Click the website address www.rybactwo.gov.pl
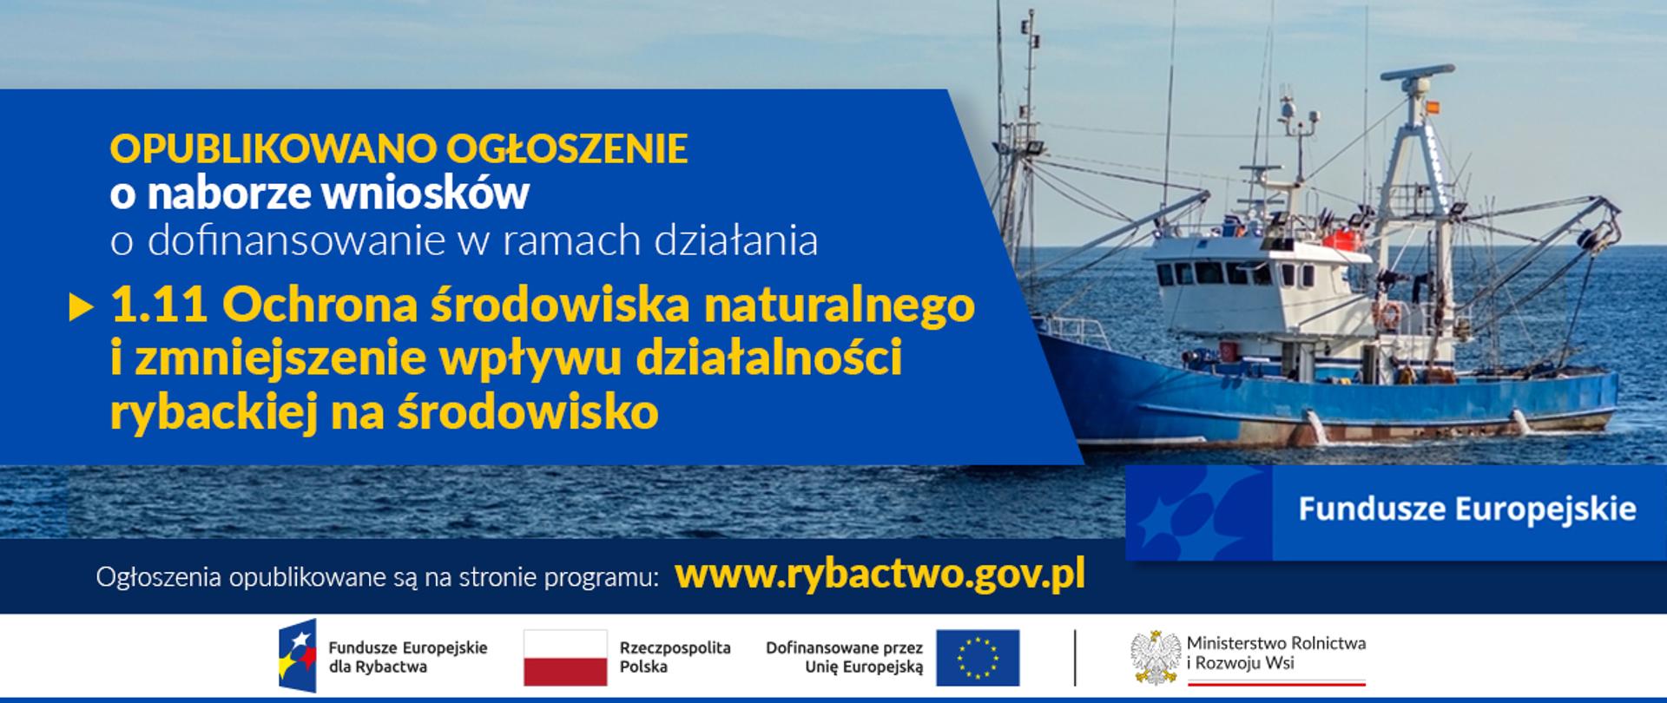(x=880, y=574)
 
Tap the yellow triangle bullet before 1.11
(x=81, y=307)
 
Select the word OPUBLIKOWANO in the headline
(x=271, y=149)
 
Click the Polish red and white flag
(x=565, y=657)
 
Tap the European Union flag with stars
(x=978, y=657)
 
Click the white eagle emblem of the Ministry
(x=1156, y=657)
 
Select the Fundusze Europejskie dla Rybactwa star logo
(x=297, y=656)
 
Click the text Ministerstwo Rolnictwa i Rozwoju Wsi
(x=1275, y=653)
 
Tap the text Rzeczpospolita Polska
(x=675, y=657)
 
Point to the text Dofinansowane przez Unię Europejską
(x=844, y=657)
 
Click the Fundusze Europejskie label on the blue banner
(x=1467, y=509)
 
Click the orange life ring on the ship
(x=1390, y=314)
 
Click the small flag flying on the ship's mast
(x=1433, y=107)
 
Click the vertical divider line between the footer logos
(x=1075, y=657)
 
